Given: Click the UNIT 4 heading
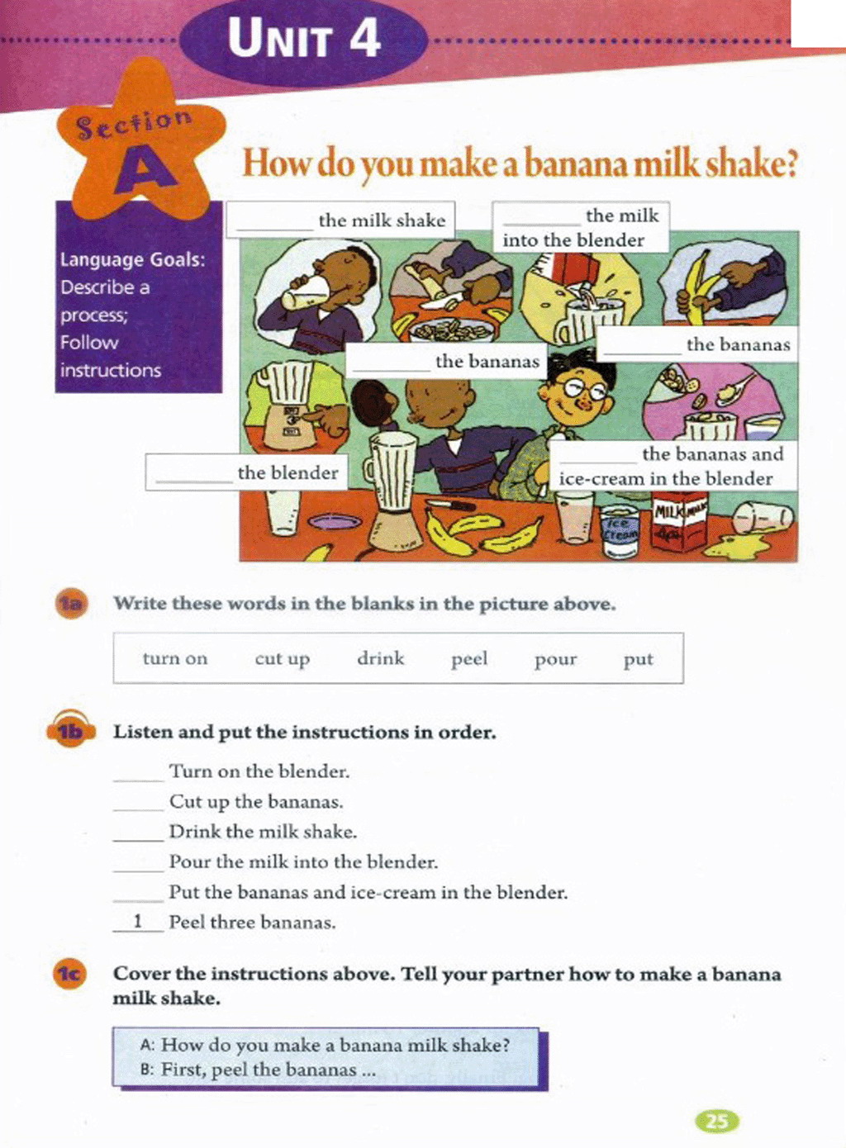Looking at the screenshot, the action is pos(304,38).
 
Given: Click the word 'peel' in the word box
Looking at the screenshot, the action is pos(469,660).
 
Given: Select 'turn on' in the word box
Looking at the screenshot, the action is pos(175,658).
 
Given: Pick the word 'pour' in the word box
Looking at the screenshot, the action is pos(556,661).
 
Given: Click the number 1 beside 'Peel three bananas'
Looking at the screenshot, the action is pos(137,922).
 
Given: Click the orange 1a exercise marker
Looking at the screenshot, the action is pos(71,603).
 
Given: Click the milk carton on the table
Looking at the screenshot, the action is pos(679,525).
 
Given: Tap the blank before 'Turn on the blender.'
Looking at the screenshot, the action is pos(139,780).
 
